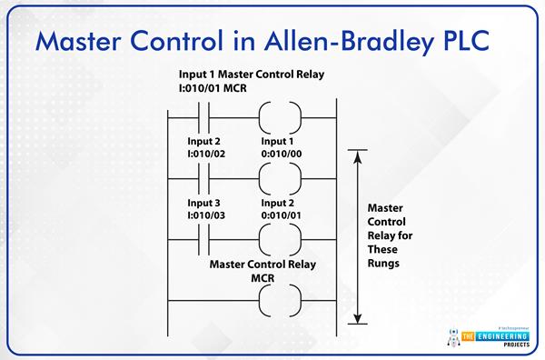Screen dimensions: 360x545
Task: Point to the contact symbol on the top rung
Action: [204, 117]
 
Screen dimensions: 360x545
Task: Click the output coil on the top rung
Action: [278, 117]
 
